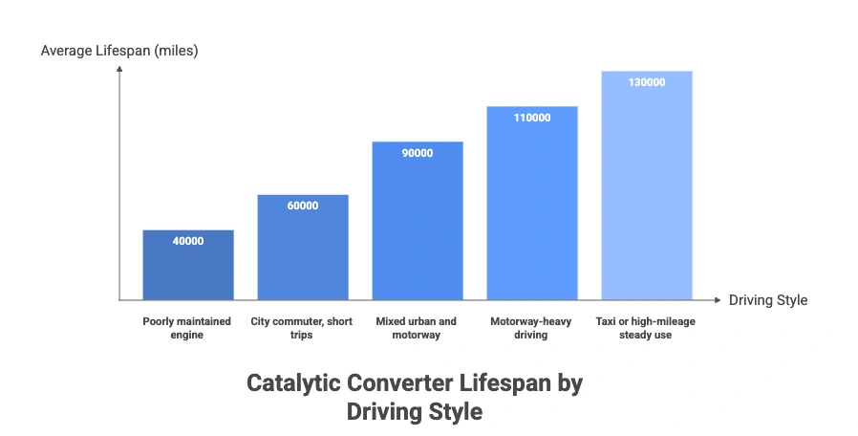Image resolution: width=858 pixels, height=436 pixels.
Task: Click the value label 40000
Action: (x=188, y=241)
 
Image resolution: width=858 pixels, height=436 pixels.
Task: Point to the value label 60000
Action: (x=303, y=206)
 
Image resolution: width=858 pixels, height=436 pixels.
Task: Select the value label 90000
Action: (x=418, y=153)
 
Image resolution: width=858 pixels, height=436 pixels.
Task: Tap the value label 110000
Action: (x=532, y=118)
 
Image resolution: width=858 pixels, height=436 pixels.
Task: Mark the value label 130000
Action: (x=647, y=83)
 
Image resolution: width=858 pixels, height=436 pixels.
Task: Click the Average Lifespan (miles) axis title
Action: (x=119, y=50)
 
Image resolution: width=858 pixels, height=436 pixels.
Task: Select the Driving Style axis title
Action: (x=768, y=300)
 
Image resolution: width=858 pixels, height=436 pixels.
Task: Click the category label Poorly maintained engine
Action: (x=187, y=328)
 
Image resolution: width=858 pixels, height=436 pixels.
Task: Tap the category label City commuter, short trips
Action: (x=303, y=328)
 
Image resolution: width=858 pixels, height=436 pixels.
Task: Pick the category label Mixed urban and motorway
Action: (x=417, y=328)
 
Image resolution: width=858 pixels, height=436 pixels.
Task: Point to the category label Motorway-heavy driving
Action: (x=531, y=328)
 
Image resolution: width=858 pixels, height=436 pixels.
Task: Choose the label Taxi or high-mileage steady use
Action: (x=647, y=328)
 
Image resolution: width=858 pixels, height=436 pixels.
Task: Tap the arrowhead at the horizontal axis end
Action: (x=718, y=299)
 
